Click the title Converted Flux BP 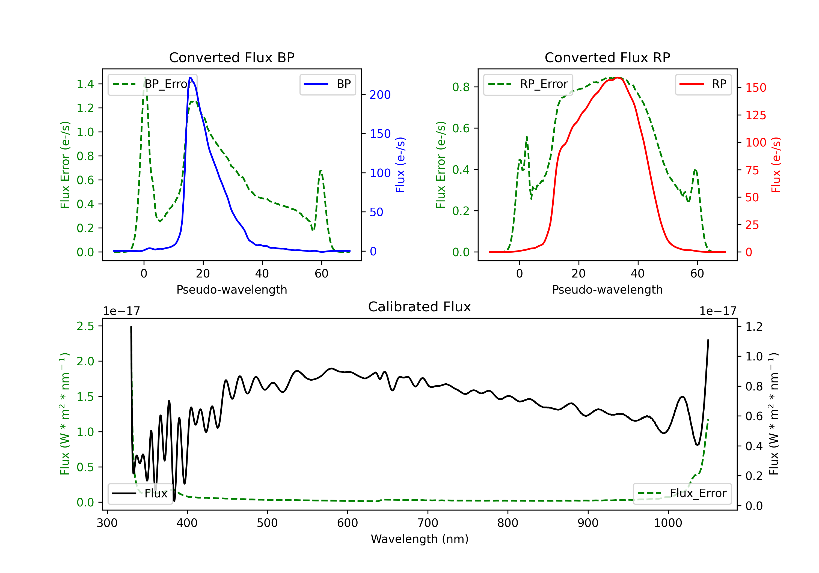[x=232, y=57]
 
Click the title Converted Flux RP [x=607, y=57]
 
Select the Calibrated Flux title [x=420, y=307]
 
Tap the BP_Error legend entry [x=153, y=84]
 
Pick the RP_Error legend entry [x=528, y=84]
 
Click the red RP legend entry [x=703, y=84]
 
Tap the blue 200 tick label [x=380, y=95]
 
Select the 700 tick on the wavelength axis [x=428, y=523]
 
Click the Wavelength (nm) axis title [x=420, y=539]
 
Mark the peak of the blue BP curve [x=190, y=77]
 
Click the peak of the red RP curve [x=618, y=77]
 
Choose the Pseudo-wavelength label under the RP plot [x=607, y=290]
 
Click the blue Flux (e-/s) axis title [x=400, y=165]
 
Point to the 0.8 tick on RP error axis [x=461, y=87]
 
